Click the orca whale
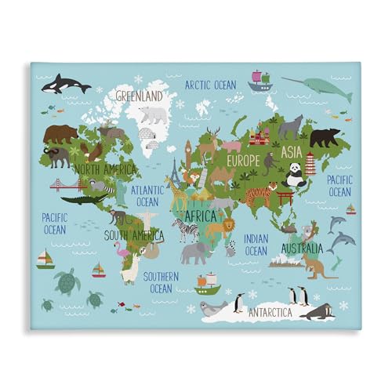click(65, 84)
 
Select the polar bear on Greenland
click(154, 114)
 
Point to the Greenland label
click(139, 96)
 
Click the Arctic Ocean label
click(209, 84)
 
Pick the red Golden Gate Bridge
click(66, 186)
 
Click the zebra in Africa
click(186, 229)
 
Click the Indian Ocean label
click(256, 245)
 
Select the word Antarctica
click(270, 312)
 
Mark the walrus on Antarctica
click(318, 312)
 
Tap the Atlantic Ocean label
click(147, 195)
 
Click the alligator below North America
click(82, 199)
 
